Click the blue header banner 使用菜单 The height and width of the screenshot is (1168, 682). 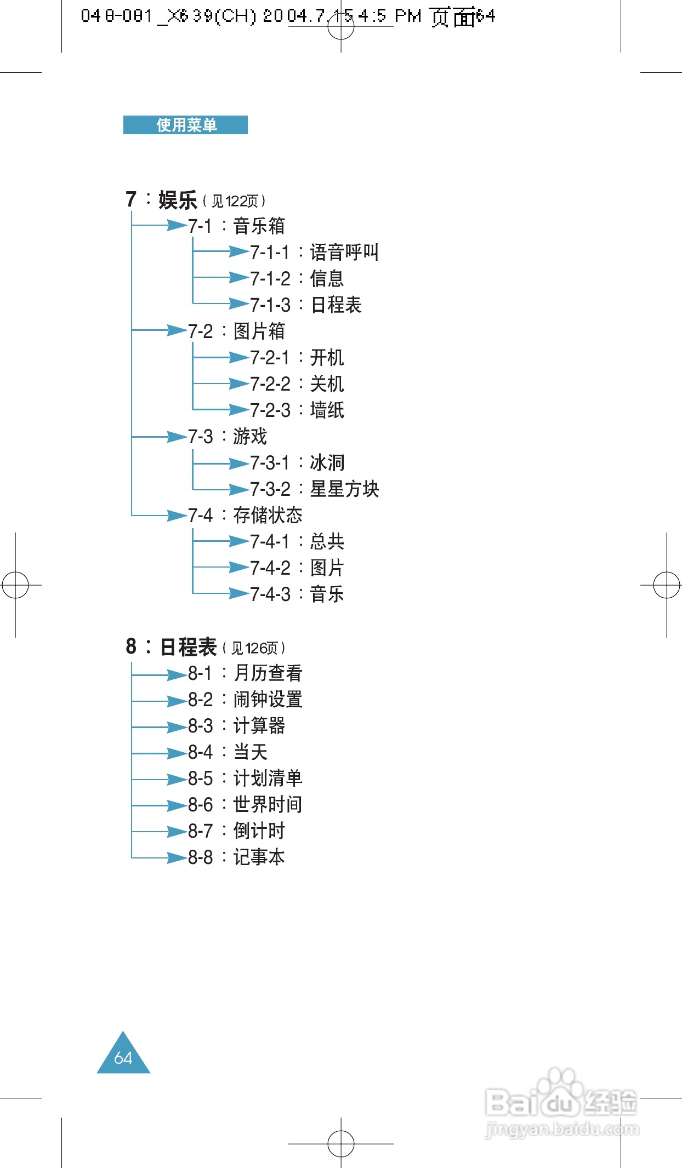click(185, 125)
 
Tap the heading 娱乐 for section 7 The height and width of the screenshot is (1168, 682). click(178, 200)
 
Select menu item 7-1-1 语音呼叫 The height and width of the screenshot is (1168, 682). click(314, 253)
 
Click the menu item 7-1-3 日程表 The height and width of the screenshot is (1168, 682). click(306, 305)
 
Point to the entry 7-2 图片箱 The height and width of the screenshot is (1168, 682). click(236, 331)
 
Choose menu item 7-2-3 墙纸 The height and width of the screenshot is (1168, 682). click(297, 410)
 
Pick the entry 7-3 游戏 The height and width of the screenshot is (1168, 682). click(228, 437)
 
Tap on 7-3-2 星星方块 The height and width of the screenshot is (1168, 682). click(315, 489)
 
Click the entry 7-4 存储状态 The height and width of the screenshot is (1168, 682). click(245, 516)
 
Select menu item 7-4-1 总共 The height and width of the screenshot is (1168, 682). click(297, 542)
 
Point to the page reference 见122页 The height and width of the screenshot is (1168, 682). click(235, 202)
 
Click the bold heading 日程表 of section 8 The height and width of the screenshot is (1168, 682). click(188, 647)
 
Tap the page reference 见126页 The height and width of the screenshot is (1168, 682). click(254, 649)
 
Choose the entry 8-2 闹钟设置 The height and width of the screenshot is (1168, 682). click(245, 700)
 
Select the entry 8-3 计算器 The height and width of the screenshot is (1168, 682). click(236, 726)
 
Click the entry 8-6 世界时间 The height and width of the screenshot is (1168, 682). click(245, 805)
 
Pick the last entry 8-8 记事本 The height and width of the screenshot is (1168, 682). click(236, 857)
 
